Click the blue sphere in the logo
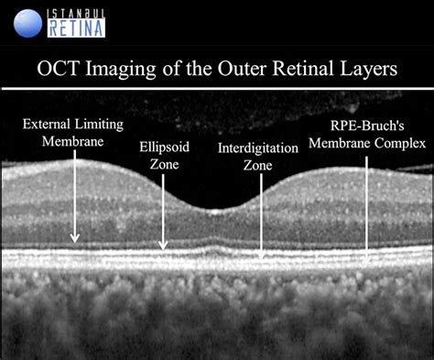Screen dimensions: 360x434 [29, 22]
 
